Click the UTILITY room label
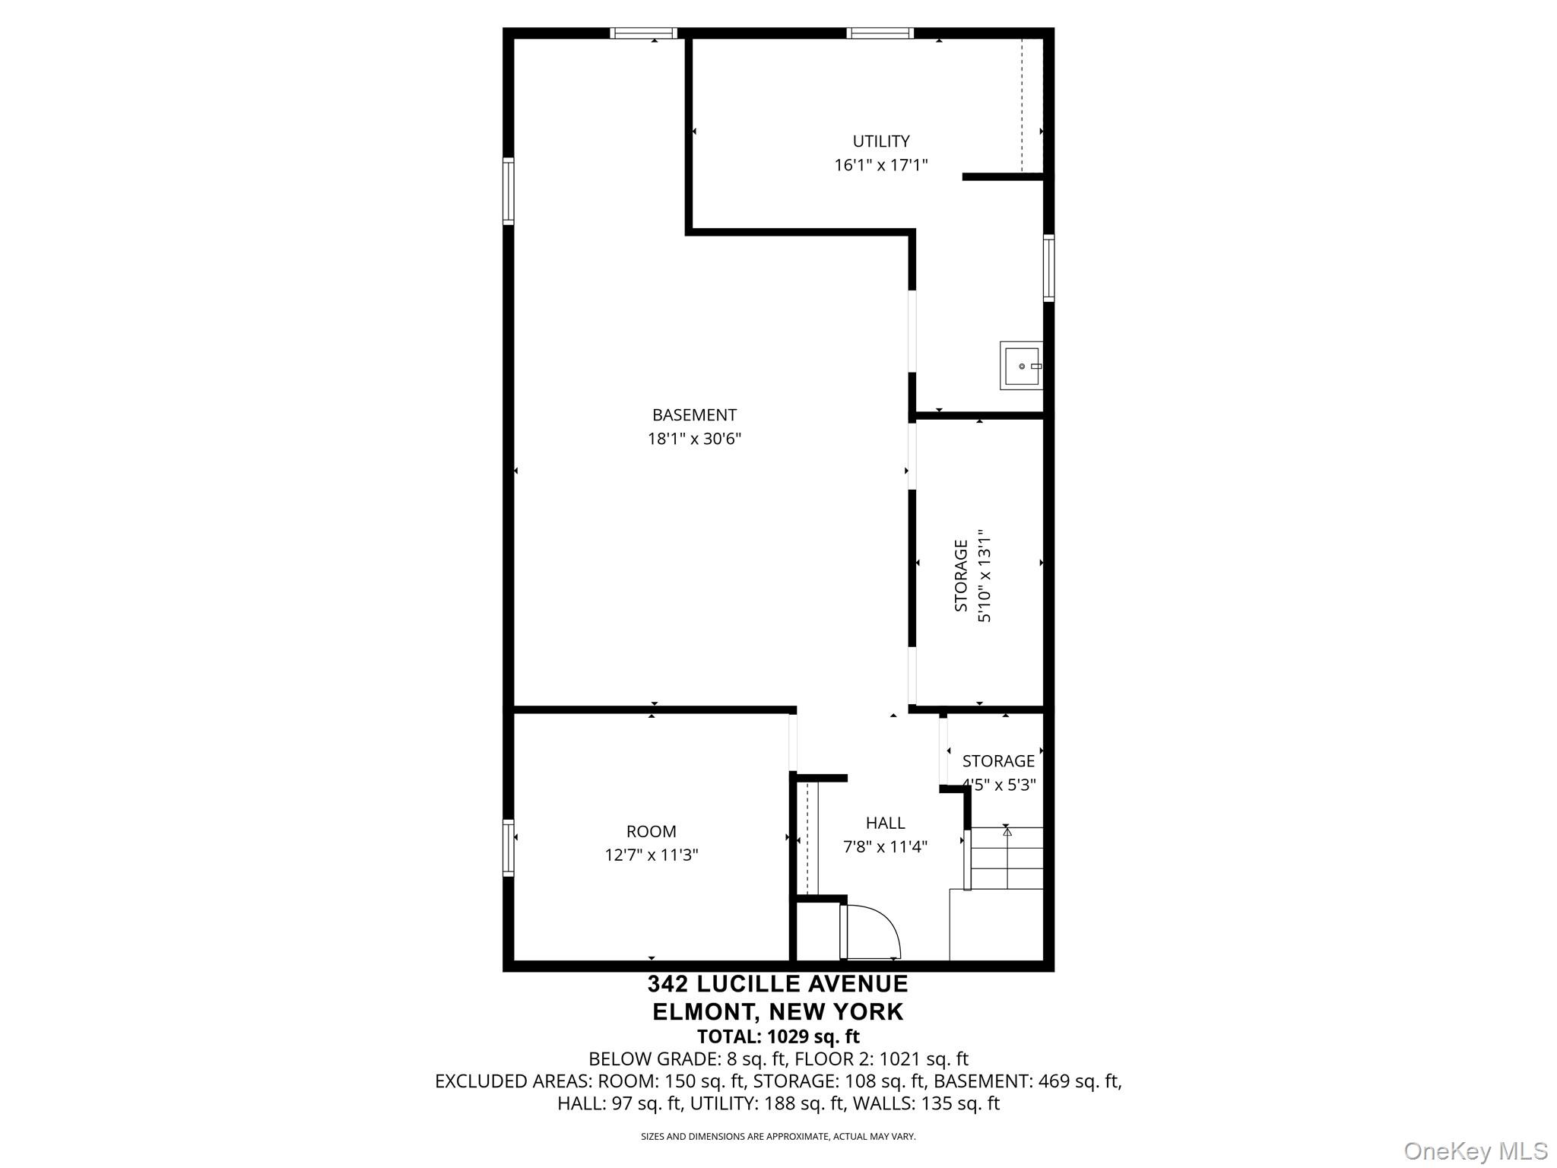(x=880, y=141)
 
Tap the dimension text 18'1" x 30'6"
(x=694, y=439)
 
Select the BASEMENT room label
(x=694, y=415)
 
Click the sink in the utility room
(x=1021, y=366)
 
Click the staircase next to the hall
(x=1005, y=858)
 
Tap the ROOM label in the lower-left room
(x=651, y=832)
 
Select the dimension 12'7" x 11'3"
(x=651, y=855)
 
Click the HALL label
(x=885, y=823)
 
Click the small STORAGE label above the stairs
(x=998, y=761)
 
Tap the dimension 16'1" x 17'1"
(x=880, y=165)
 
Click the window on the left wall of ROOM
(x=508, y=848)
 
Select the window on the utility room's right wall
(x=1048, y=268)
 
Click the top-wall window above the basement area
(x=643, y=33)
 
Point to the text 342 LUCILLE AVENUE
(x=778, y=984)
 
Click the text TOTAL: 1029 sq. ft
(x=778, y=1036)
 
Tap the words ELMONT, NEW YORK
(x=778, y=1012)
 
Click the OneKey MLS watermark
(x=1475, y=1151)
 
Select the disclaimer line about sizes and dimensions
(x=778, y=1137)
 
